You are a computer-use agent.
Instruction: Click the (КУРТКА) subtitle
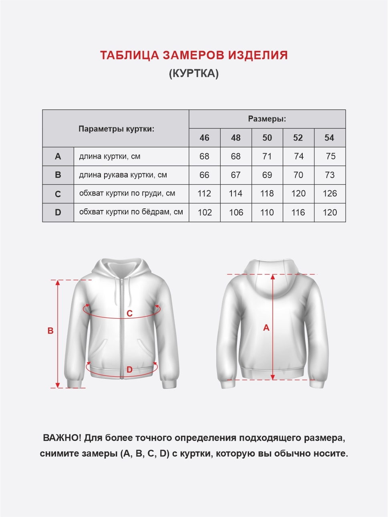coord(194,73)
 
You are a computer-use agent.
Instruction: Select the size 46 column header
coord(204,138)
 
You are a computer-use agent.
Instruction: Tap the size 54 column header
coord(329,138)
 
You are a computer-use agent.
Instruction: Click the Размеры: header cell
coord(267,119)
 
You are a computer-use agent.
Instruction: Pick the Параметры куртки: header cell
coord(116,129)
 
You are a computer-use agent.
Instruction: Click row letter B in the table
coord(58,175)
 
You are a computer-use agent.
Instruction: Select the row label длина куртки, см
coord(110,156)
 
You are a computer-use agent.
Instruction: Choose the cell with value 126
coord(330,194)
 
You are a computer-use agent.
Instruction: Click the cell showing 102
coord(205,212)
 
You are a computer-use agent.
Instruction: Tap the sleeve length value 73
coord(330,175)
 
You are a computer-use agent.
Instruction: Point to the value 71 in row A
coord(267,156)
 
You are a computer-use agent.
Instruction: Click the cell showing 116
coord(298,212)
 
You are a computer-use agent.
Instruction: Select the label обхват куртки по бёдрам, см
coord(131,212)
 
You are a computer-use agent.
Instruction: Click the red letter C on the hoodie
coord(129,313)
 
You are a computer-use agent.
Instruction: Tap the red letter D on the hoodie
coord(129,370)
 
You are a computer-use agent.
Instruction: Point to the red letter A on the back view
coord(266,328)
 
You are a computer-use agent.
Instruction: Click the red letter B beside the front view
coord(50,331)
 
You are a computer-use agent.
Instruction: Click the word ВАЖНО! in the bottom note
coord(62,438)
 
